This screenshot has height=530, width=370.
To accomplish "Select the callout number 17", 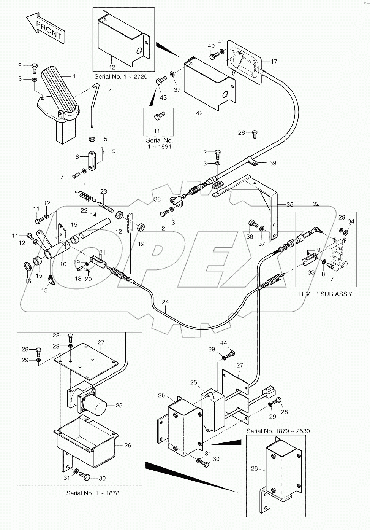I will click(274, 61).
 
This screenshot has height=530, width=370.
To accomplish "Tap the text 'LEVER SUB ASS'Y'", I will click(326, 294).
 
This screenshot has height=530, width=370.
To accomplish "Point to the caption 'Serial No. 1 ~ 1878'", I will click(93, 493).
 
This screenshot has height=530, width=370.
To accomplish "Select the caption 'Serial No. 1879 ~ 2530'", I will click(278, 431).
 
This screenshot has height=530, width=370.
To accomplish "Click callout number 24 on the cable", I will click(165, 302).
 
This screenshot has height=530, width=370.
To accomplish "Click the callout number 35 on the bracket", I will click(289, 204).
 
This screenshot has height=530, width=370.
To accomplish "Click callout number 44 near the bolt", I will click(223, 343).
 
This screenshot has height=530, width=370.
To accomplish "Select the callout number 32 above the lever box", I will click(316, 204).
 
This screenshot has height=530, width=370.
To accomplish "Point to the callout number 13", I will click(44, 290).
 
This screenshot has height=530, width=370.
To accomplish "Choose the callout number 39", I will click(273, 163).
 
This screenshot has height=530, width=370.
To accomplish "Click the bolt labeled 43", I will click(162, 80).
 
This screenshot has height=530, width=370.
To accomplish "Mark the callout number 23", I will click(104, 191).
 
